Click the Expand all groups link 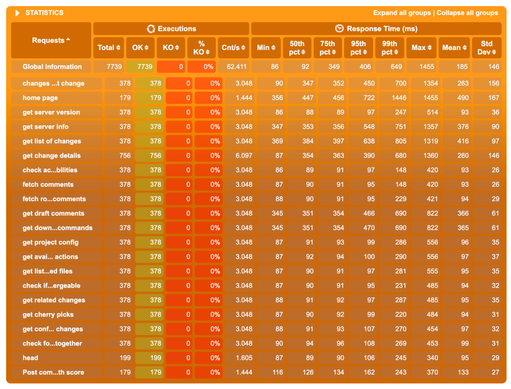pos(402,13)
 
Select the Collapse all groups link pos(467,13)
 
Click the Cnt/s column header pos(233,47)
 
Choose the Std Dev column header pos(487,47)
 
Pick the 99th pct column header pos(390,47)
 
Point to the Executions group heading pos(171,28)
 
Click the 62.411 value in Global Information pos(234,66)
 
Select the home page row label pos(40,98)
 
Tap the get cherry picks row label pos(48,315)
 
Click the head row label pos(30,358)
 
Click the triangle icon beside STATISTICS pos(17,13)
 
